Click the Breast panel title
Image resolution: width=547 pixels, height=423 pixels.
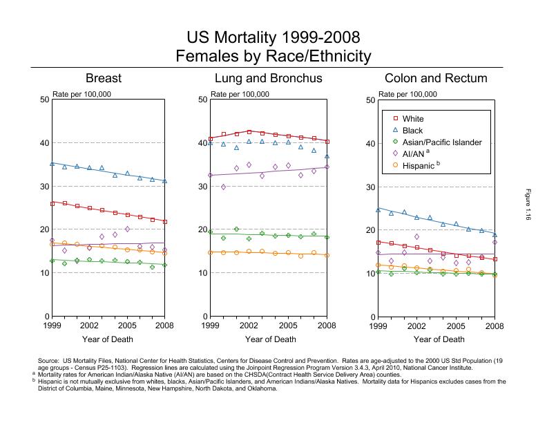coord(108,78)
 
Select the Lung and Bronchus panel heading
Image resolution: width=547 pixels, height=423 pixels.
coord(268,78)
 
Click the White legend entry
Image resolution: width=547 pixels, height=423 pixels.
coord(412,119)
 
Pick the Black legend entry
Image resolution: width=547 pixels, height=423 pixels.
coord(412,131)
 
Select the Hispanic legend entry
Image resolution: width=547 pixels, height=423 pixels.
coord(419,166)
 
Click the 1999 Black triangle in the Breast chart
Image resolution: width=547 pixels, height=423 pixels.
coord(52,164)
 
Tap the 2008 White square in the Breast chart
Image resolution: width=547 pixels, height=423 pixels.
coord(164,221)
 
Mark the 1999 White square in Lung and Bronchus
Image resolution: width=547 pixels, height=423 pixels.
coord(211,139)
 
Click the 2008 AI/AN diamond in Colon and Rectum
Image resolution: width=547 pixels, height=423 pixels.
coord(495,243)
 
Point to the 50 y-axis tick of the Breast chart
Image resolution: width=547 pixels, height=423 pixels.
coord(44,100)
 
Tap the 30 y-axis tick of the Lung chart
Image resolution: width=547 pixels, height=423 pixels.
coord(203,187)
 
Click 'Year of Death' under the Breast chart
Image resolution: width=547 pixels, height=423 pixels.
coord(108,339)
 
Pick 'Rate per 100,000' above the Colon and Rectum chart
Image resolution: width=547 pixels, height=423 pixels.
coord(407,94)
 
